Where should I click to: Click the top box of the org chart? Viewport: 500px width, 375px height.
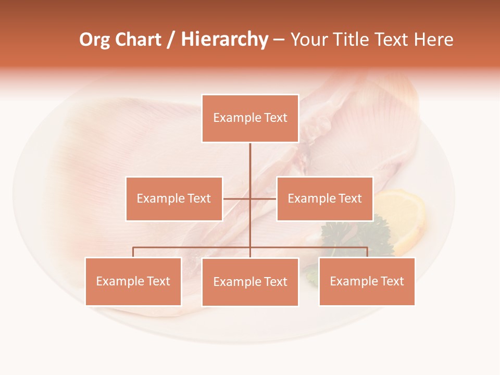click(x=250, y=118)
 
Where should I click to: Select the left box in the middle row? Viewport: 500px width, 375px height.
click(x=174, y=198)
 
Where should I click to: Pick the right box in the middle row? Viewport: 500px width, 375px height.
click(x=324, y=198)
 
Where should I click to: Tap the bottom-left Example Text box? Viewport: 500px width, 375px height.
click(x=133, y=281)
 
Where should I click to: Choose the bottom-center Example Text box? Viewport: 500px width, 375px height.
click(x=250, y=282)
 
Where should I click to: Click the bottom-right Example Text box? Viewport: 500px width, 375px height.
click(x=367, y=281)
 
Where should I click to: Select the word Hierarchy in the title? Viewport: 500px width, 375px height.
click(x=224, y=40)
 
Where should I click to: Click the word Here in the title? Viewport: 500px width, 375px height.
click(x=433, y=40)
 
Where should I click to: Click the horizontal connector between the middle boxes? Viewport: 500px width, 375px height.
click(x=249, y=198)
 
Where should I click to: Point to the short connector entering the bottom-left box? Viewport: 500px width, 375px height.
click(x=133, y=252)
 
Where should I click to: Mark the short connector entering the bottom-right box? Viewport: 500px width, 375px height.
click(x=367, y=252)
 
